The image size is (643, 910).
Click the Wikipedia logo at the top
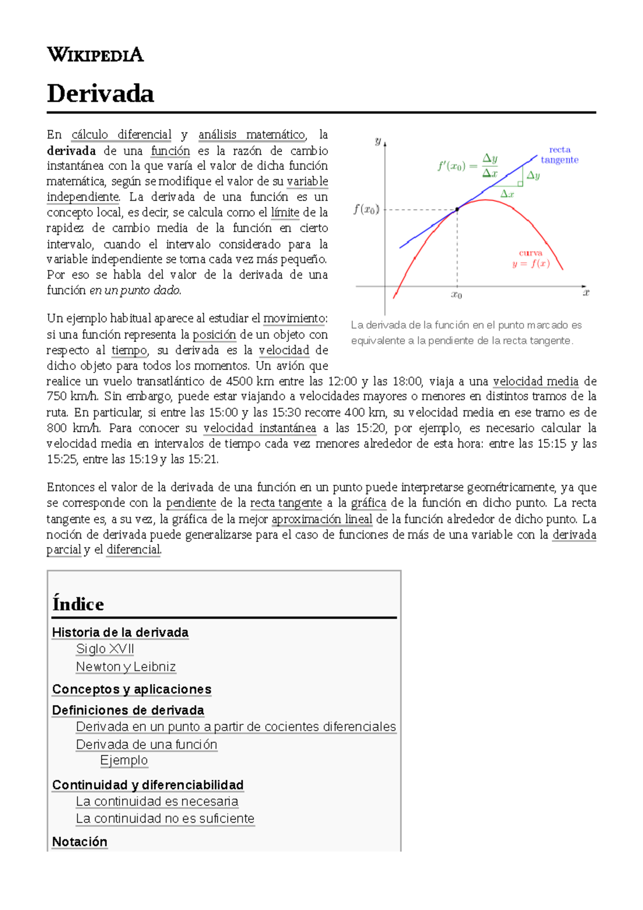pyautogui.click(x=95, y=55)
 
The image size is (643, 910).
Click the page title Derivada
pyautogui.click(x=101, y=94)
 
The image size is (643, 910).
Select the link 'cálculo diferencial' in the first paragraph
pyautogui.click(x=122, y=135)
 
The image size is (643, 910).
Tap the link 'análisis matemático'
pyautogui.click(x=251, y=135)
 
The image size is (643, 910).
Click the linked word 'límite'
pyautogui.click(x=285, y=212)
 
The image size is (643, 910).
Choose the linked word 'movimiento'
pyautogui.click(x=295, y=318)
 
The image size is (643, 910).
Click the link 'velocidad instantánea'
pyautogui.click(x=259, y=428)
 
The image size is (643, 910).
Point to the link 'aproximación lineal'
pyautogui.click(x=322, y=519)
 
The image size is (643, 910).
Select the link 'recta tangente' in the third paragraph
pyautogui.click(x=286, y=503)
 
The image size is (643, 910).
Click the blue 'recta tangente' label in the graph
pyautogui.click(x=559, y=155)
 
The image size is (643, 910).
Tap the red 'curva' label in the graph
pyautogui.click(x=530, y=253)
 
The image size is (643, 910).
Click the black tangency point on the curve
pyautogui.click(x=457, y=210)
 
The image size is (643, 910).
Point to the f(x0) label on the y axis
pyautogui.click(x=367, y=210)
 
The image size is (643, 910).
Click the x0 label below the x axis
pyautogui.click(x=457, y=295)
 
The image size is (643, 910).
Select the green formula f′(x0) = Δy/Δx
pyautogui.click(x=468, y=166)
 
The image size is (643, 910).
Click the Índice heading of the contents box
pyautogui.click(x=78, y=604)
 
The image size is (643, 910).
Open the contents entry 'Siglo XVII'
pyautogui.click(x=105, y=649)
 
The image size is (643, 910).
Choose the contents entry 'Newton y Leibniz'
pyautogui.click(x=126, y=667)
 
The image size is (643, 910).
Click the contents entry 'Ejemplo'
pyautogui.click(x=124, y=760)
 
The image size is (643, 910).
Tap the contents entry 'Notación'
pyautogui.click(x=80, y=842)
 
